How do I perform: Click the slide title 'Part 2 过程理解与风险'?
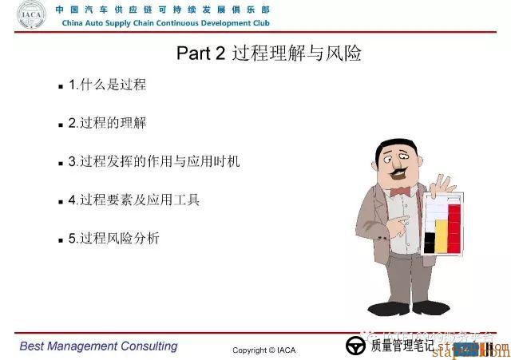click(x=268, y=53)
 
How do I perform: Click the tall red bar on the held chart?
click(x=454, y=227)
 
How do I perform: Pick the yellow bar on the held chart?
click(x=442, y=235)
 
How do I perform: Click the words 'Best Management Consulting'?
click(x=98, y=346)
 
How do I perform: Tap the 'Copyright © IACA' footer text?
click(x=263, y=350)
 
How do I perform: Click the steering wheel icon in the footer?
click(x=355, y=346)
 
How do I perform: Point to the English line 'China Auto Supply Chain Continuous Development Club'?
click(x=165, y=22)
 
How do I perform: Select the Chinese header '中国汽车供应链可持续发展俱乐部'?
click(x=162, y=10)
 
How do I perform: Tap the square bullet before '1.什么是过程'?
click(x=61, y=85)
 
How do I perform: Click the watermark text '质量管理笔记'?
click(x=402, y=346)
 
